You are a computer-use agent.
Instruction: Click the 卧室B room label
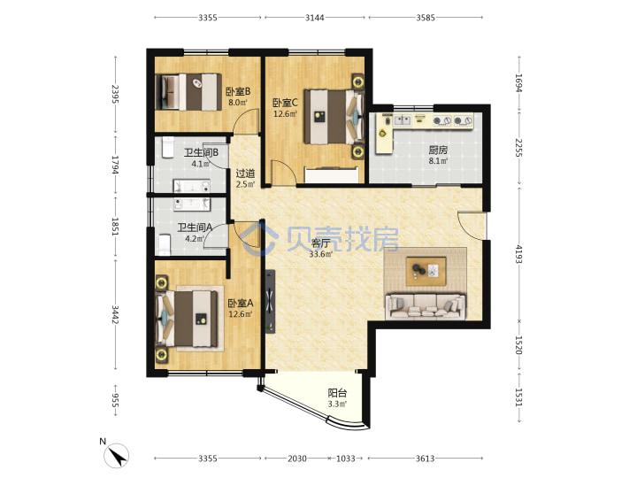(x=238, y=96)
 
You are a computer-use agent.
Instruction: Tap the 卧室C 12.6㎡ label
(x=285, y=108)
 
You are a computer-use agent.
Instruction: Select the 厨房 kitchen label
(x=438, y=155)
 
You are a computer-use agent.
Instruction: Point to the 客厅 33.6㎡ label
(x=320, y=249)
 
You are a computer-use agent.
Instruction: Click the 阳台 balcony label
(x=337, y=398)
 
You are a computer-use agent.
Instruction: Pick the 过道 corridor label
(x=245, y=179)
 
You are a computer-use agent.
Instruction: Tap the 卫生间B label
(x=201, y=158)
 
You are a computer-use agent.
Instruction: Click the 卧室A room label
(x=240, y=309)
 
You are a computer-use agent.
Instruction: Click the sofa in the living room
(x=426, y=305)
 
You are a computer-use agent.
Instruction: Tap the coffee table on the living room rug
(x=426, y=271)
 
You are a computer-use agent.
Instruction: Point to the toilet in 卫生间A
(x=165, y=244)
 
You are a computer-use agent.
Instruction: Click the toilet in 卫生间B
(x=167, y=147)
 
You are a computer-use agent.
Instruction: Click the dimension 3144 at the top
(x=314, y=18)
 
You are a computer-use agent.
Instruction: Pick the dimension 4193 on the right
(x=518, y=254)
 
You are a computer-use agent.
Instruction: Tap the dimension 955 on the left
(x=115, y=400)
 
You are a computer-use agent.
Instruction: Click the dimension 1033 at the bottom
(x=346, y=459)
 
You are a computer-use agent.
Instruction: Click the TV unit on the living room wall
(x=270, y=302)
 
